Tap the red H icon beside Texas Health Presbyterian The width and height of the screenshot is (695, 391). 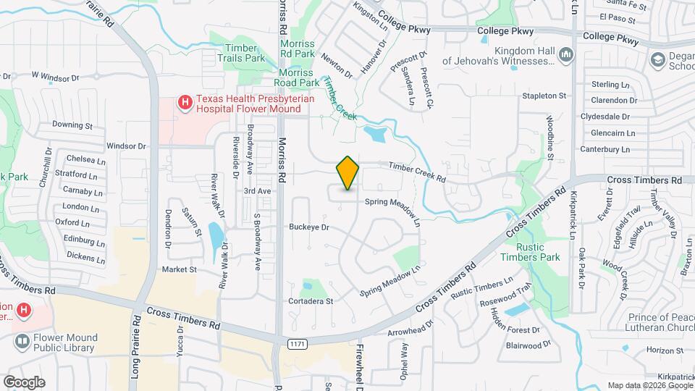pyautogui.click(x=185, y=104)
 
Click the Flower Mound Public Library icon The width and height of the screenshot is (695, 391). pyautogui.click(x=22, y=340)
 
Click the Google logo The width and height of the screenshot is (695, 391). pyautogui.click(x=24, y=382)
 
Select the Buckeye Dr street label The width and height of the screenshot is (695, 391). pyautogui.click(x=309, y=227)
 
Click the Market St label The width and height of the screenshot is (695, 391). pyautogui.click(x=180, y=269)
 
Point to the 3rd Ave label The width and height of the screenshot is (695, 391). pyautogui.click(x=257, y=191)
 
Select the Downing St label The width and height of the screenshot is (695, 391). pyautogui.click(x=72, y=125)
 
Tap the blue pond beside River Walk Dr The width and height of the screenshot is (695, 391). pyautogui.click(x=215, y=235)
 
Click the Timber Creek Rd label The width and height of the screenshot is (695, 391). pyautogui.click(x=417, y=172)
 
